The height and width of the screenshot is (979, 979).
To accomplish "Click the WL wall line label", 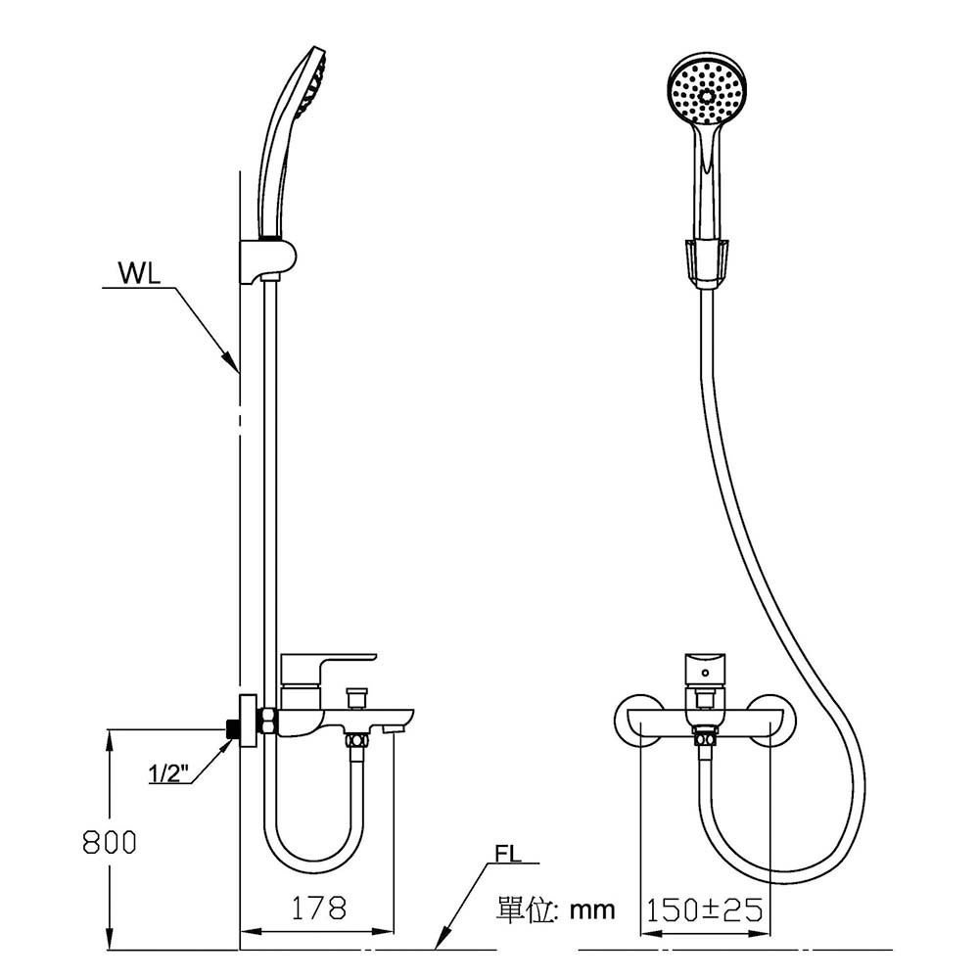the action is point(139,273).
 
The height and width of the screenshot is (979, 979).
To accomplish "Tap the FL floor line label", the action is point(507,854).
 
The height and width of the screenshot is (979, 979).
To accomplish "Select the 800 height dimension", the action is point(110,842).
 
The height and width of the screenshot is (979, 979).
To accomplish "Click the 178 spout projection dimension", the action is point(319,908).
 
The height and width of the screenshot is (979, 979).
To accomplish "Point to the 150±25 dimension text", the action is point(704,909).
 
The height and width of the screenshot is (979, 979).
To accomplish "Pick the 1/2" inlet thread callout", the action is point(168,773).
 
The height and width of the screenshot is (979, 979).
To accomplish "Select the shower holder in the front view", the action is point(707,262).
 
